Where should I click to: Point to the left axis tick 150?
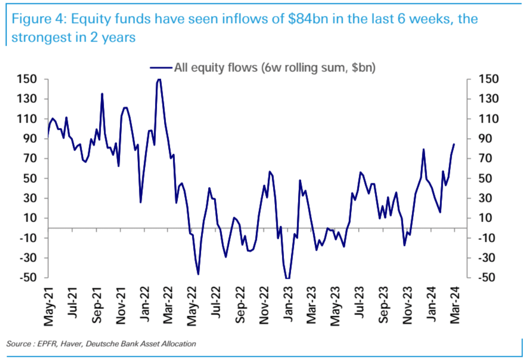(x=28, y=79)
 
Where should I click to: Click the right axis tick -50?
(x=488, y=278)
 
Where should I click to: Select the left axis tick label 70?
(x=31, y=159)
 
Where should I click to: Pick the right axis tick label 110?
(x=488, y=119)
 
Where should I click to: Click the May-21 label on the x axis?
(x=48, y=309)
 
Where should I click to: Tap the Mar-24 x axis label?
(x=455, y=309)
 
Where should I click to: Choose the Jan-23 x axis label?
(x=287, y=309)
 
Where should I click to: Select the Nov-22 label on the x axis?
(x=264, y=309)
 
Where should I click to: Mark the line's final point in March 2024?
(x=454, y=144)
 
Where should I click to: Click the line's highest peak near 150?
(x=159, y=80)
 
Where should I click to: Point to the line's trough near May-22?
(x=198, y=274)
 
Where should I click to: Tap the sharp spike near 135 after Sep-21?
(x=102, y=94)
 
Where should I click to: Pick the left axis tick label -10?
(x=29, y=238)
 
